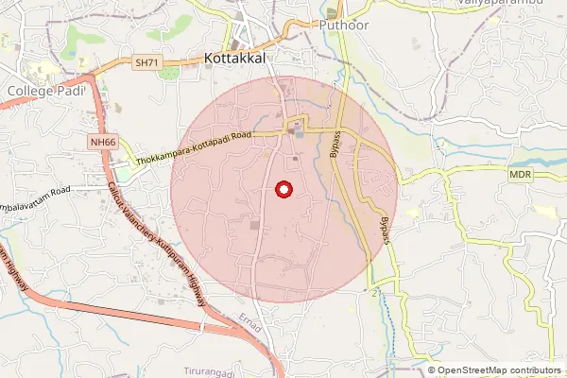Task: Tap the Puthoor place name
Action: click(343, 26)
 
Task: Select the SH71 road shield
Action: click(145, 62)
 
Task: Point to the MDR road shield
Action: click(521, 175)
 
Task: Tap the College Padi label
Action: click(46, 90)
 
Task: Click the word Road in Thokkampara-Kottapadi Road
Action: click(237, 137)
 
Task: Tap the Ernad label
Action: click(249, 317)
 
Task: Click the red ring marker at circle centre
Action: click(283, 190)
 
